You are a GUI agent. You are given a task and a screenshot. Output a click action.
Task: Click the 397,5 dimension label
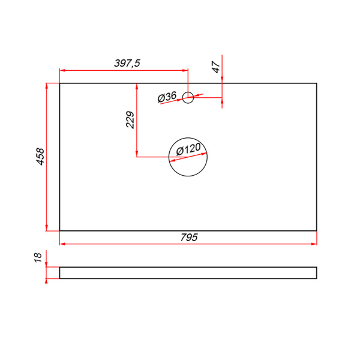point(127,63)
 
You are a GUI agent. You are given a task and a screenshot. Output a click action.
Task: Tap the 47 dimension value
point(216,67)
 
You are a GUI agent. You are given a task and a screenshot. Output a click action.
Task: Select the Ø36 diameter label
point(167,97)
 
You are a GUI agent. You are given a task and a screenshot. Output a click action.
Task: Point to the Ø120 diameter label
point(188,149)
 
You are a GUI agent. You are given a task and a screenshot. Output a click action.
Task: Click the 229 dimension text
point(130,119)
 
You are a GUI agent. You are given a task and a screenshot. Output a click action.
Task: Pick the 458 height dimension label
point(40,157)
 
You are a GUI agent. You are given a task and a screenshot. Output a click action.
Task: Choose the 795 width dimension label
point(189,238)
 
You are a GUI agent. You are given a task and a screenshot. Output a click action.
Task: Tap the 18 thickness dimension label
point(38,257)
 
